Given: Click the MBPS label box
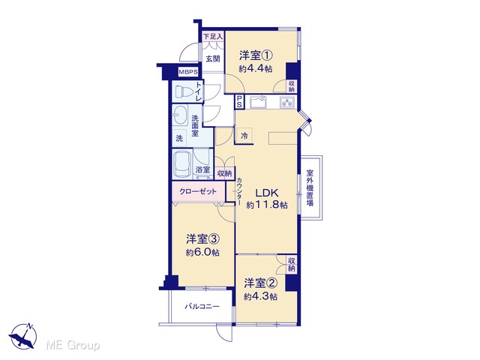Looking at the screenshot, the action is (188, 72).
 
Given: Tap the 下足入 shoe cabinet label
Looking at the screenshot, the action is (213, 37).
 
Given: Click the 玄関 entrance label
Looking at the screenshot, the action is (213, 58).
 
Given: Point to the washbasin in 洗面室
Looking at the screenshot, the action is (180, 115).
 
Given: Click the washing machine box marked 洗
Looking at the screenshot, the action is (180, 138).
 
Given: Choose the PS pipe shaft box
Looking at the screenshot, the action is (239, 101).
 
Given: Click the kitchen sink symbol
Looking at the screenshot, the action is (258, 102).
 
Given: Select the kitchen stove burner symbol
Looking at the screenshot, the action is (287, 102).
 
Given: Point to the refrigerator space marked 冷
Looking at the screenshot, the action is (244, 136).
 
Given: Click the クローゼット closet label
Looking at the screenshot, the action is (198, 192).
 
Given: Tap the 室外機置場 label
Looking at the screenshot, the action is (310, 187).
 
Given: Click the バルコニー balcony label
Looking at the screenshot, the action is (202, 307).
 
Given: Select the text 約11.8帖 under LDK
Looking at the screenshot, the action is (267, 205).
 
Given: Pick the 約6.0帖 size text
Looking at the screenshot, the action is (202, 253).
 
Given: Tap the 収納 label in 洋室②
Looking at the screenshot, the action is (292, 265).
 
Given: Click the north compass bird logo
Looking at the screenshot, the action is (23, 337).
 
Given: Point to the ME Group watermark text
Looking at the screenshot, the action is (73, 346).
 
